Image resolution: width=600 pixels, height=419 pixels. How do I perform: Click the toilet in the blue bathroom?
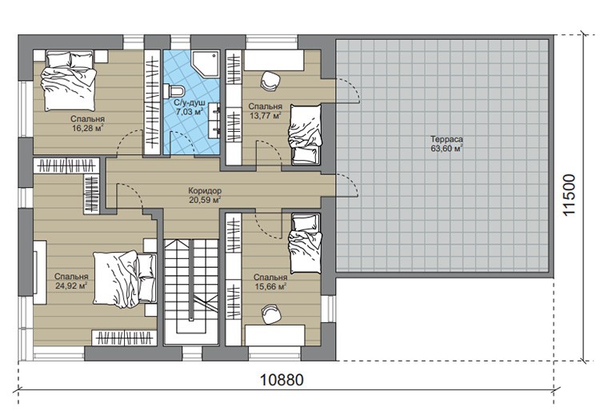click(174, 91)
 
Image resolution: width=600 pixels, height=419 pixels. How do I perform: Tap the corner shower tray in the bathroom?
click(206, 63)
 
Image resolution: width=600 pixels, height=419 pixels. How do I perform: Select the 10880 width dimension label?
click(282, 380)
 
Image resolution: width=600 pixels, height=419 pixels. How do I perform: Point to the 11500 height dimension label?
click(569, 195)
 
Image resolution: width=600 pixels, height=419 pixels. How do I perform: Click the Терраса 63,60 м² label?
click(446, 144)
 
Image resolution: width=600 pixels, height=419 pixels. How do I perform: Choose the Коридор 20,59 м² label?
click(205, 194)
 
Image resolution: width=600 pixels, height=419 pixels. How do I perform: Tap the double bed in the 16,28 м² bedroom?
click(69, 81)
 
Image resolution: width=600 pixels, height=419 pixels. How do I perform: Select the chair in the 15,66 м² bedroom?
click(271, 314)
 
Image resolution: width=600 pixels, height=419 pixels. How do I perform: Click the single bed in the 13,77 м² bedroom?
click(305, 134)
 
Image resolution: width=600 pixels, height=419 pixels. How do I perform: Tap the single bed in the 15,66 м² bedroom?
click(305, 244)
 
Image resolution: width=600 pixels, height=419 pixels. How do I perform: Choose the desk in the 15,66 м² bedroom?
click(274, 335)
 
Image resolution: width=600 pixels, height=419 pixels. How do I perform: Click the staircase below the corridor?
click(191, 292)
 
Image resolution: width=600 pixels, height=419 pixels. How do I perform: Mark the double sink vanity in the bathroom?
click(214, 121)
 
